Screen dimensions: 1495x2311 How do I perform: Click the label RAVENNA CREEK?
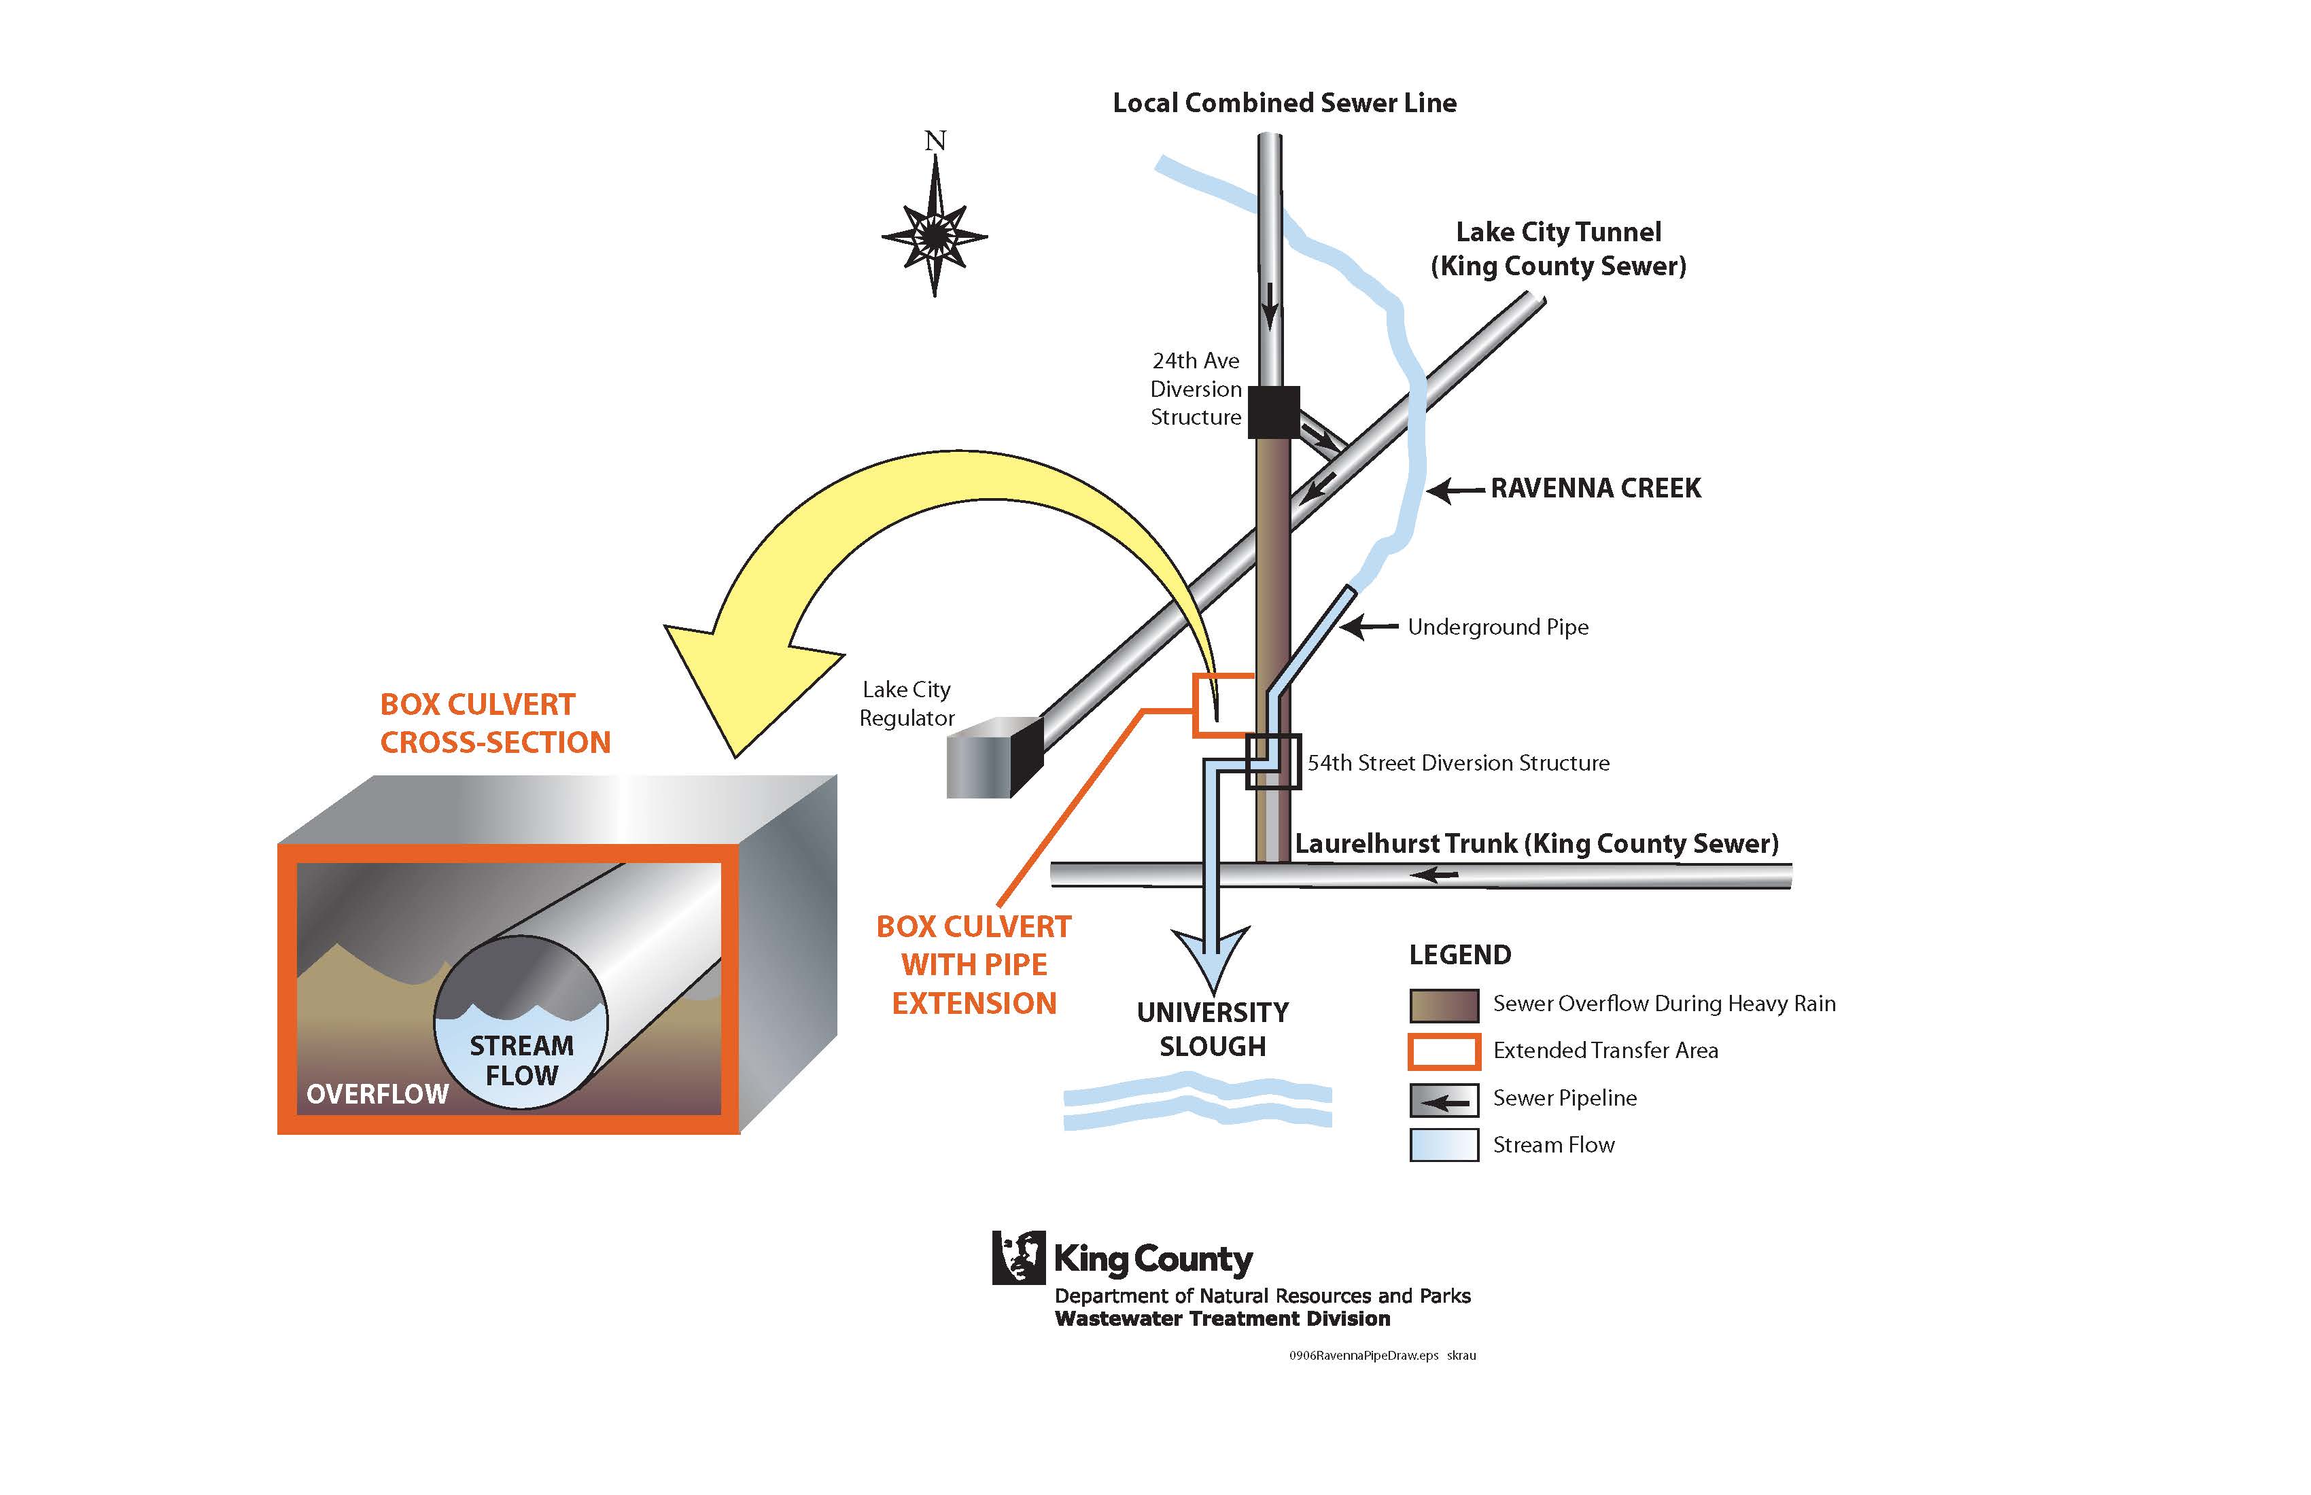point(1595,489)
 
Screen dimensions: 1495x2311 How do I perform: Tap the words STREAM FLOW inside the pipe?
point(521,1060)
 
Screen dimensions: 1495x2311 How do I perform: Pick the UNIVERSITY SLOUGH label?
point(1212,1029)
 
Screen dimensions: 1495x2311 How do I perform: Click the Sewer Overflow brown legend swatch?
point(1443,1005)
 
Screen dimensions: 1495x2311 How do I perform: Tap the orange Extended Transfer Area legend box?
point(1443,1051)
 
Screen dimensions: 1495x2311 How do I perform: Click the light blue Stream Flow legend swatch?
point(1443,1146)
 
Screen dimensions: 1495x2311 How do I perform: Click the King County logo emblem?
point(1018,1257)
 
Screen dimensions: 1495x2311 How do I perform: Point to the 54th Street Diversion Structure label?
point(1457,763)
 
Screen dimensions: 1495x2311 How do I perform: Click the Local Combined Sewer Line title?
point(1284,103)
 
